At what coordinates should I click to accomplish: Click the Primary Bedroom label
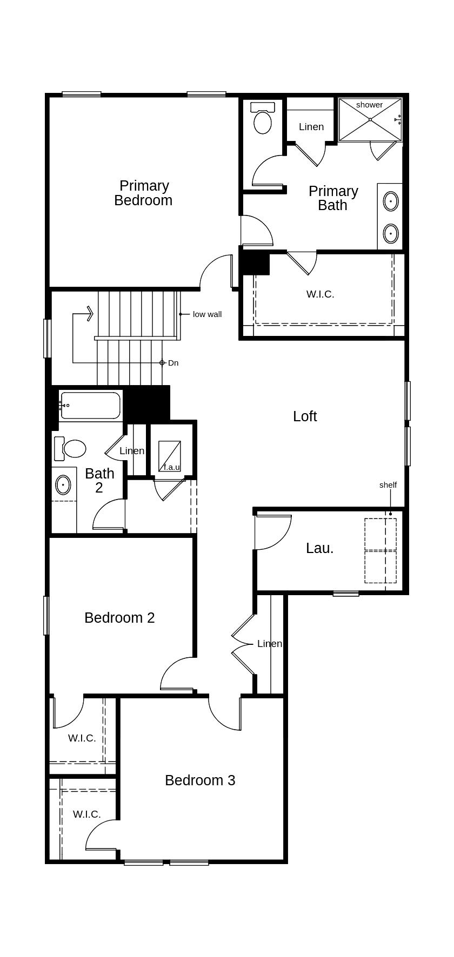(144, 193)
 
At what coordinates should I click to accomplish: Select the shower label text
(369, 105)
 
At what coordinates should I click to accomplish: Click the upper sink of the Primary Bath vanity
(390, 201)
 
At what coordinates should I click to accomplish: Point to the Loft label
(305, 416)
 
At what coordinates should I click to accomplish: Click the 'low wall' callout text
(207, 314)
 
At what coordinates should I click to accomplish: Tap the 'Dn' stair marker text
(173, 363)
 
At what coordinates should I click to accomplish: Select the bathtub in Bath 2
(90, 406)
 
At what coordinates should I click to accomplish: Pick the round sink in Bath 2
(63, 485)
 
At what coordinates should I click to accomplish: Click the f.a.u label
(171, 467)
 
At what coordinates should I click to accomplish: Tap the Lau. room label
(319, 548)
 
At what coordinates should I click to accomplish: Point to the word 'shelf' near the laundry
(388, 485)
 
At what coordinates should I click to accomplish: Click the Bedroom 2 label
(119, 618)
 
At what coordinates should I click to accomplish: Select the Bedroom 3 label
(200, 780)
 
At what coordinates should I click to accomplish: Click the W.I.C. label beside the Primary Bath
(320, 294)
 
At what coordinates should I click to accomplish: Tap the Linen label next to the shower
(311, 127)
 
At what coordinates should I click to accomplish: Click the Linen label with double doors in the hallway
(269, 644)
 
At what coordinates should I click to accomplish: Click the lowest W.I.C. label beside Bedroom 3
(86, 814)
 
